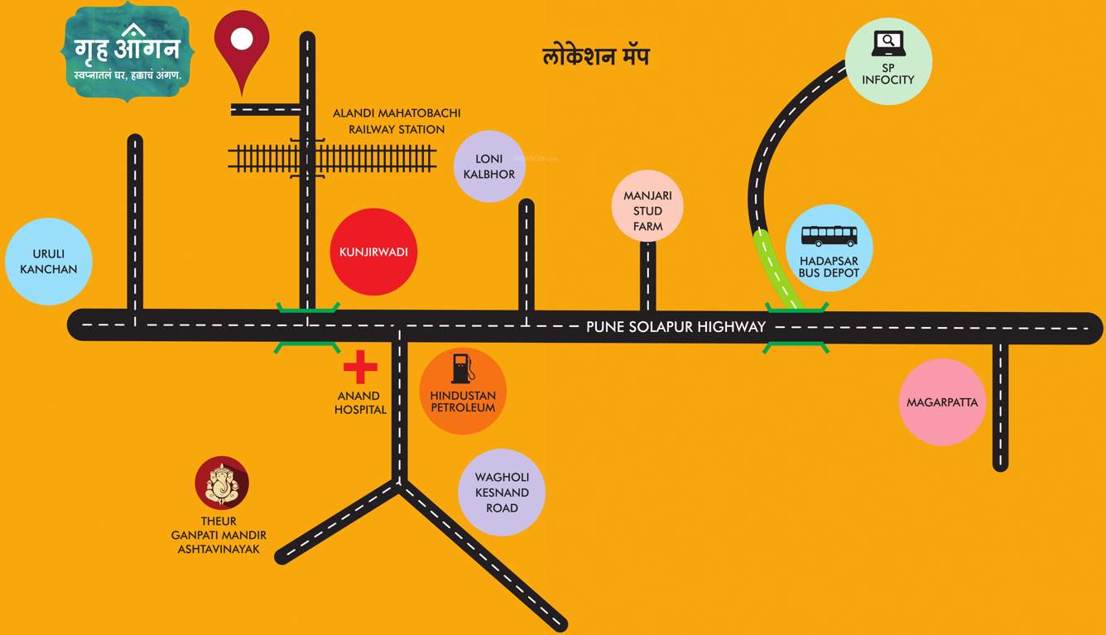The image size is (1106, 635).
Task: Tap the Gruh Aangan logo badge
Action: (127, 51)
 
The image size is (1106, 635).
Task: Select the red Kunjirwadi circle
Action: (373, 252)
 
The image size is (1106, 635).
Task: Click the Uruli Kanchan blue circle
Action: (48, 262)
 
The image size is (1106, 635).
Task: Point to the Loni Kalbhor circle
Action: (489, 166)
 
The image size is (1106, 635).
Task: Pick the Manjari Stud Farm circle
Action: (647, 206)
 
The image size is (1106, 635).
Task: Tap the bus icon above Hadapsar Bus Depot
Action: (829, 236)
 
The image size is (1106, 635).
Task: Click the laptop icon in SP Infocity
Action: (888, 43)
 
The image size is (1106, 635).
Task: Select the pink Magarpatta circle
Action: (942, 402)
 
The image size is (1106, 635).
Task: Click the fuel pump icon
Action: (463, 368)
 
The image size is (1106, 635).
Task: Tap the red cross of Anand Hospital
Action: (360, 367)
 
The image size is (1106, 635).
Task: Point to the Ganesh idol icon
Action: (222, 483)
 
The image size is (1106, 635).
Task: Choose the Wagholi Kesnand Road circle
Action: (502, 493)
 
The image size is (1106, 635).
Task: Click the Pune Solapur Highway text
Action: (676, 327)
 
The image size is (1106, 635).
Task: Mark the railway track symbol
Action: (332, 158)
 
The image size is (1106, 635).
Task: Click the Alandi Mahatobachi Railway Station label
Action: (397, 121)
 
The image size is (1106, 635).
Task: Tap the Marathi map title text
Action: (596, 56)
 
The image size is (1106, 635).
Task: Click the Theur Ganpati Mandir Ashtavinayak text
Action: (219, 535)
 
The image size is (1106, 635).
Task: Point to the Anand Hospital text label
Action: (360, 402)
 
